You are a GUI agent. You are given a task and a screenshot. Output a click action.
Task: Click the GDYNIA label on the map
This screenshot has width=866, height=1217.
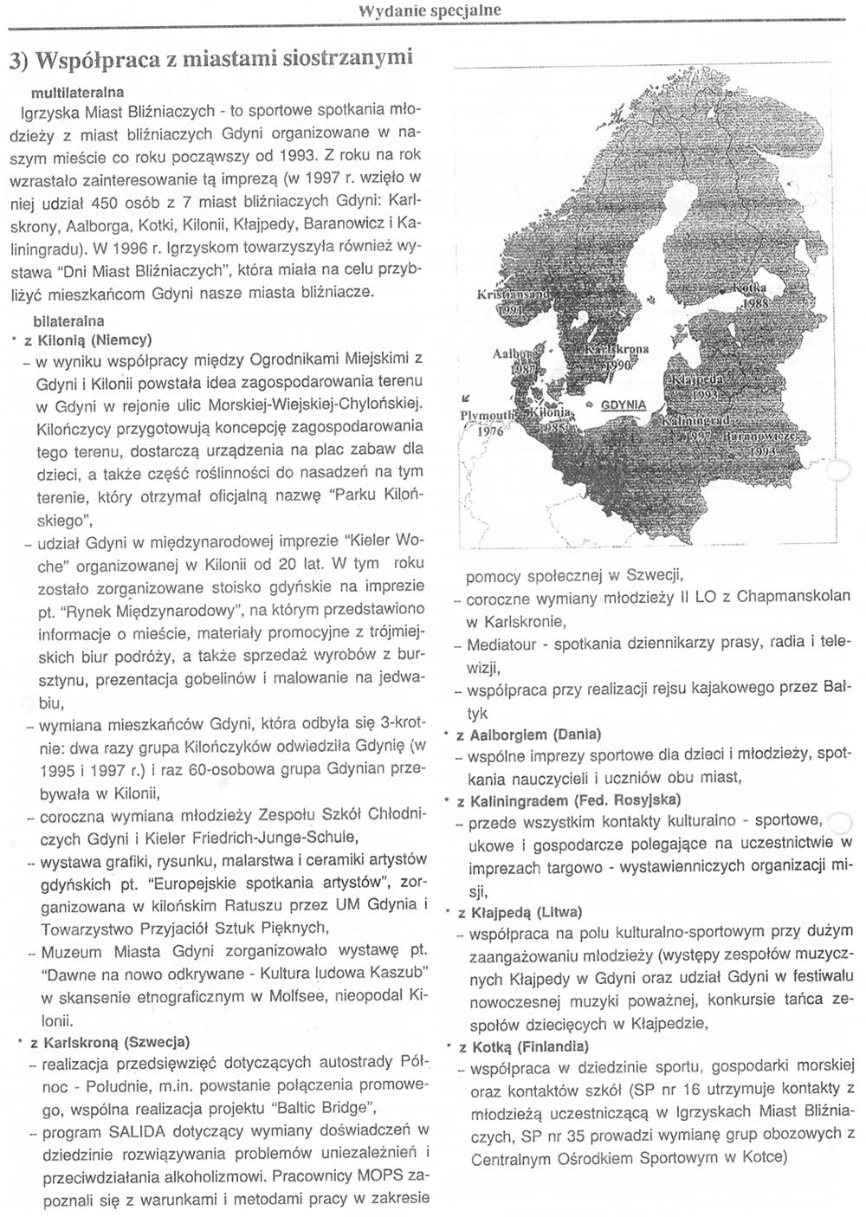[623, 405]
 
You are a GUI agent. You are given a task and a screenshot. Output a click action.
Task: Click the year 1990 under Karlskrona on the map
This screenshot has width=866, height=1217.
[616, 365]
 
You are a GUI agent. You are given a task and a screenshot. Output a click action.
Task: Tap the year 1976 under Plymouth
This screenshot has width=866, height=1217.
[490, 430]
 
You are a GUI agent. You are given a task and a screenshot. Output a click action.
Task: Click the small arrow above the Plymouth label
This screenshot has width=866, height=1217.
[466, 398]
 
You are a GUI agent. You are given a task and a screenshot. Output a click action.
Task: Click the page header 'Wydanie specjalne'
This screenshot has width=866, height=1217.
[429, 10]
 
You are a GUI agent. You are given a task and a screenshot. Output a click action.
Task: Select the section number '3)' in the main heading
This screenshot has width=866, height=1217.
[20, 60]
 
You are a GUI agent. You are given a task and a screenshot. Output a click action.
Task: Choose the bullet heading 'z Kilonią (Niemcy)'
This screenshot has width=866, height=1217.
[88, 340]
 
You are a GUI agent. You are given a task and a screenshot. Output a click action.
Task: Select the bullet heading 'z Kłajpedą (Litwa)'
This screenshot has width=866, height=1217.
[520, 912]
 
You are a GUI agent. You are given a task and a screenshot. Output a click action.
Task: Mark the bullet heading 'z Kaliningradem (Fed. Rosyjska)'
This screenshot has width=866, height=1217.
[569, 799]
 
